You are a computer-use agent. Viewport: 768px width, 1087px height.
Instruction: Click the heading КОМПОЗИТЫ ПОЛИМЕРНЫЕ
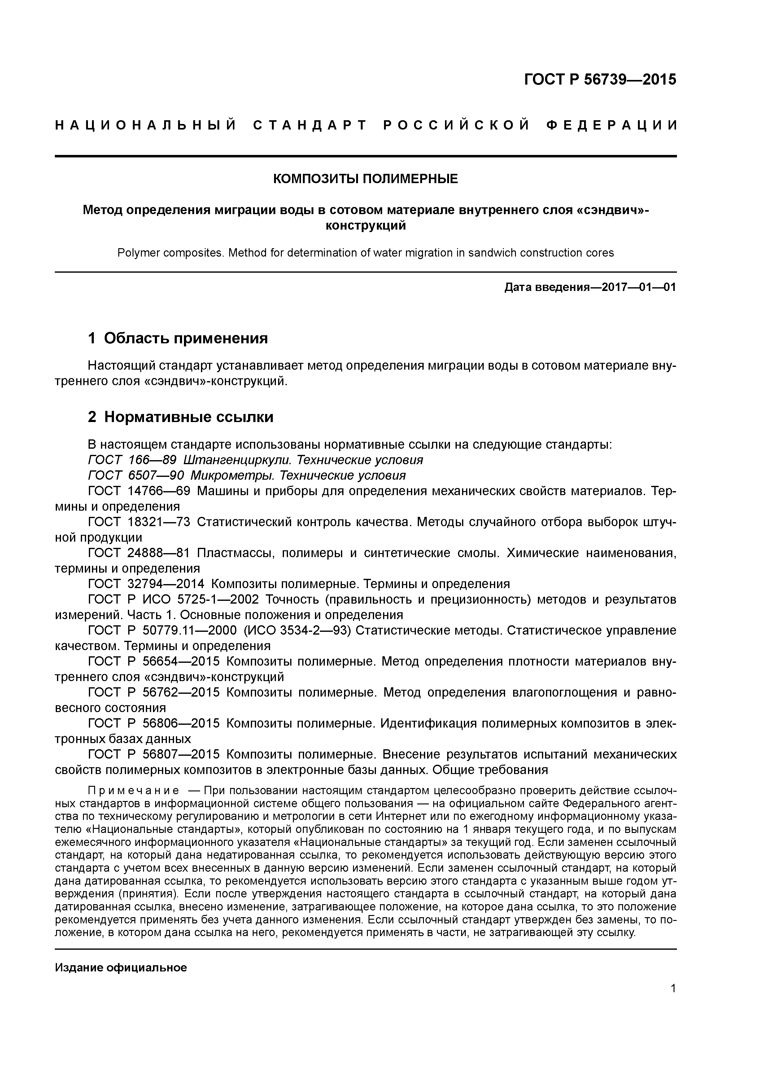(x=365, y=179)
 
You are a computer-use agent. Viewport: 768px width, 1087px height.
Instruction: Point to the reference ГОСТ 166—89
(x=133, y=460)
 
